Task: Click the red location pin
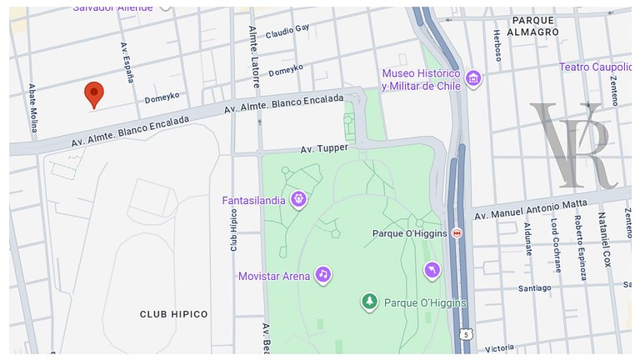pyautogui.click(x=94, y=94)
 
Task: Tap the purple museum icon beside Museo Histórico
pyautogui.click(x=474, y=79)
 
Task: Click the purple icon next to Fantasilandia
pyautogui.click(x=298, y=199)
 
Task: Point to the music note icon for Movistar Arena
pyautogui.click(x=322, y=274)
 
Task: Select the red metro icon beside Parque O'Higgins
pyautogui.click(x=457, y=234)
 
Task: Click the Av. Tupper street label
pyautogui.click(x=323, y=148)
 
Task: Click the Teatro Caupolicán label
pyautogui.click(x=595, y=67)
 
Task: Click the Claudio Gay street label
pyautogui.click(x=287, y=32)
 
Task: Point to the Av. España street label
pyautogui.click(x=127, y=62)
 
